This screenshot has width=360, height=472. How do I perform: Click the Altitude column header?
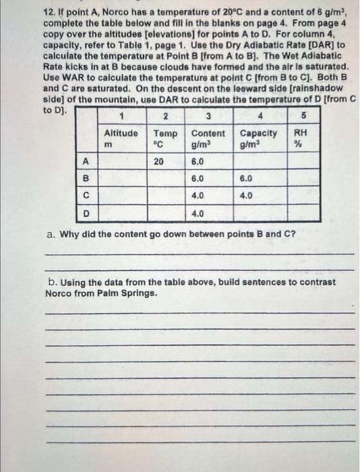(x=121, y=134)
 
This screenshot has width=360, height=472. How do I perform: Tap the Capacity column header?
(x=258, y=134)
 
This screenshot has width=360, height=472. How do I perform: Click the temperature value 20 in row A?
(x=159, y=162)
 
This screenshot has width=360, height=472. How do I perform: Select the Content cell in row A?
(x=198, y=162)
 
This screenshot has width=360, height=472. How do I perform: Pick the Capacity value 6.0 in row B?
(x=246, y=179)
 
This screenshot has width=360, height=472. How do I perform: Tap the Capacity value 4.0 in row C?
(x=246, y=196)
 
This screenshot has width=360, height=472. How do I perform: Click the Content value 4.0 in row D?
(x=198, y=214)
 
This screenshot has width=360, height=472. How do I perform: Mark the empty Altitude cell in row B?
(x=121, y=179)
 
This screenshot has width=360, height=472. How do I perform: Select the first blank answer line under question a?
(x=198, y=254)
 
